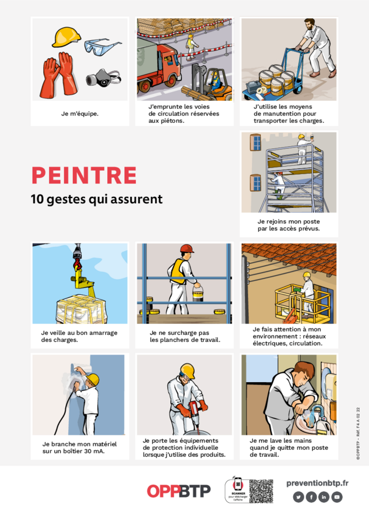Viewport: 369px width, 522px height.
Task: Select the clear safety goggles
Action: click(x=103, y=46)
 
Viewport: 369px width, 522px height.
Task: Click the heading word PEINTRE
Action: click(x=84, y=175)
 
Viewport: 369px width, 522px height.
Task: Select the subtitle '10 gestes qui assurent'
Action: click(x=96, y=199)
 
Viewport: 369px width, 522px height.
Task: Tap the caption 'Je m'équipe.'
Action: click(x=80, y=114)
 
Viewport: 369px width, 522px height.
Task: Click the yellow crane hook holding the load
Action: click(x=78, y=274)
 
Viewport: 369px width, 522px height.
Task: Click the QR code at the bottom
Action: click(x=261, y=491)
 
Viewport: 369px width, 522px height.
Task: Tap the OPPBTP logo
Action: click(x=178, y=491)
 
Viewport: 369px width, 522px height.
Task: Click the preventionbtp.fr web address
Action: click(x=317, y=482)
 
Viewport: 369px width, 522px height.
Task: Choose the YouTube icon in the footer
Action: click(x=336, y=497)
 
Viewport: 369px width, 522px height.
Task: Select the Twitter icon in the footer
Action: click(x=298, y=497)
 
